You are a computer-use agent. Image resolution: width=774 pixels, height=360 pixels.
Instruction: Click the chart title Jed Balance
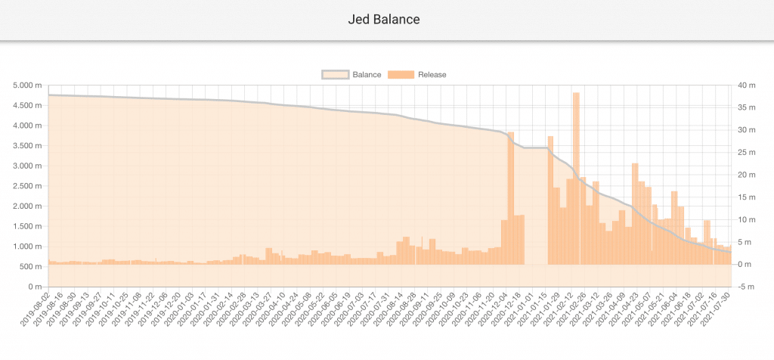387,19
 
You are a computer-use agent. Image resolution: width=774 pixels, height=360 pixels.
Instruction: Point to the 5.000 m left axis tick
28,85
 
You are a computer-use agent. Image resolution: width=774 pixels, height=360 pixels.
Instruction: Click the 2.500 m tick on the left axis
28,186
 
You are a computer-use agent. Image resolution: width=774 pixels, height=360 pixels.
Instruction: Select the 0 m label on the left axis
33,287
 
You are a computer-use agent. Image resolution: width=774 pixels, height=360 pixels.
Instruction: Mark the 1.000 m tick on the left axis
28,247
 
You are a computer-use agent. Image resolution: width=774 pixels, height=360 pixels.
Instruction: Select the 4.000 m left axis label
28,126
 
